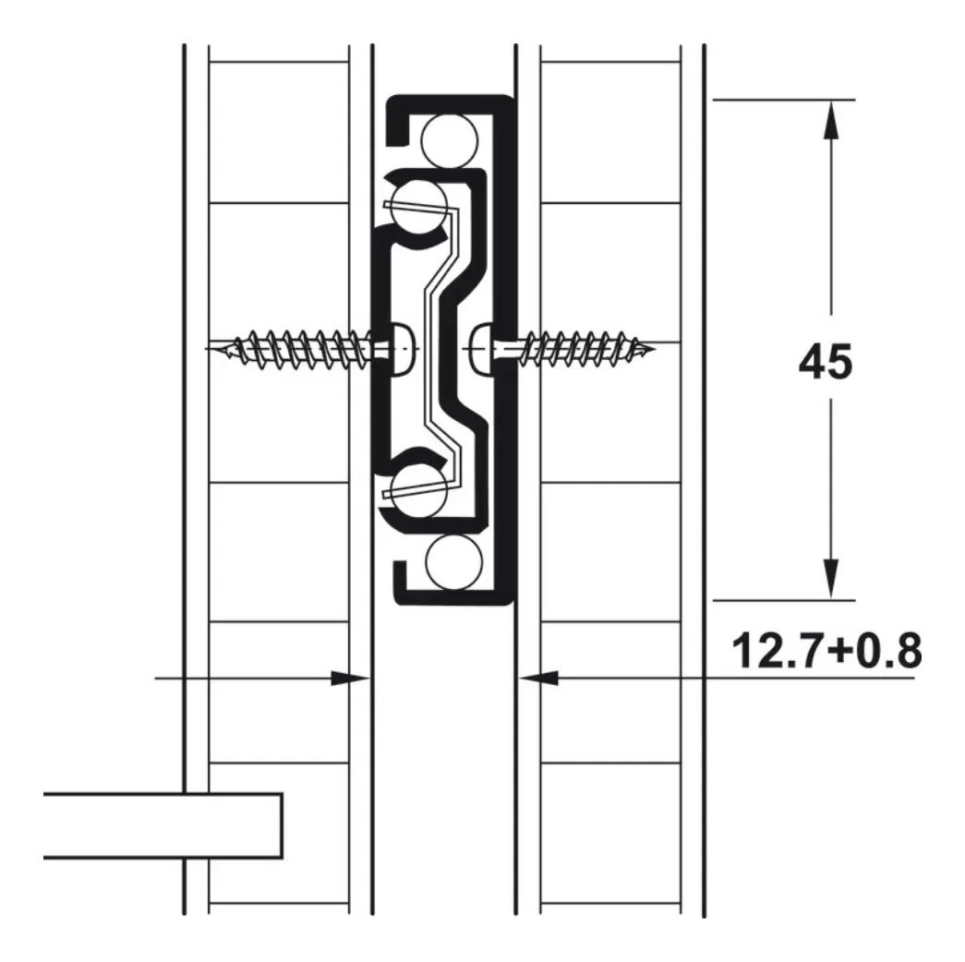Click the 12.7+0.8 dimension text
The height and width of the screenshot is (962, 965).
pyautogui.click(x=826, y=651)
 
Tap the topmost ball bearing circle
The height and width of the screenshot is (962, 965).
pyautogui.click(x=450, y=141)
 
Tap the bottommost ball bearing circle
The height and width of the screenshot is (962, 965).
pyautogui.click(x=453, y=562)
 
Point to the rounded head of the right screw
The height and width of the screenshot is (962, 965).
pyautogui.click(x=483, y=349)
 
